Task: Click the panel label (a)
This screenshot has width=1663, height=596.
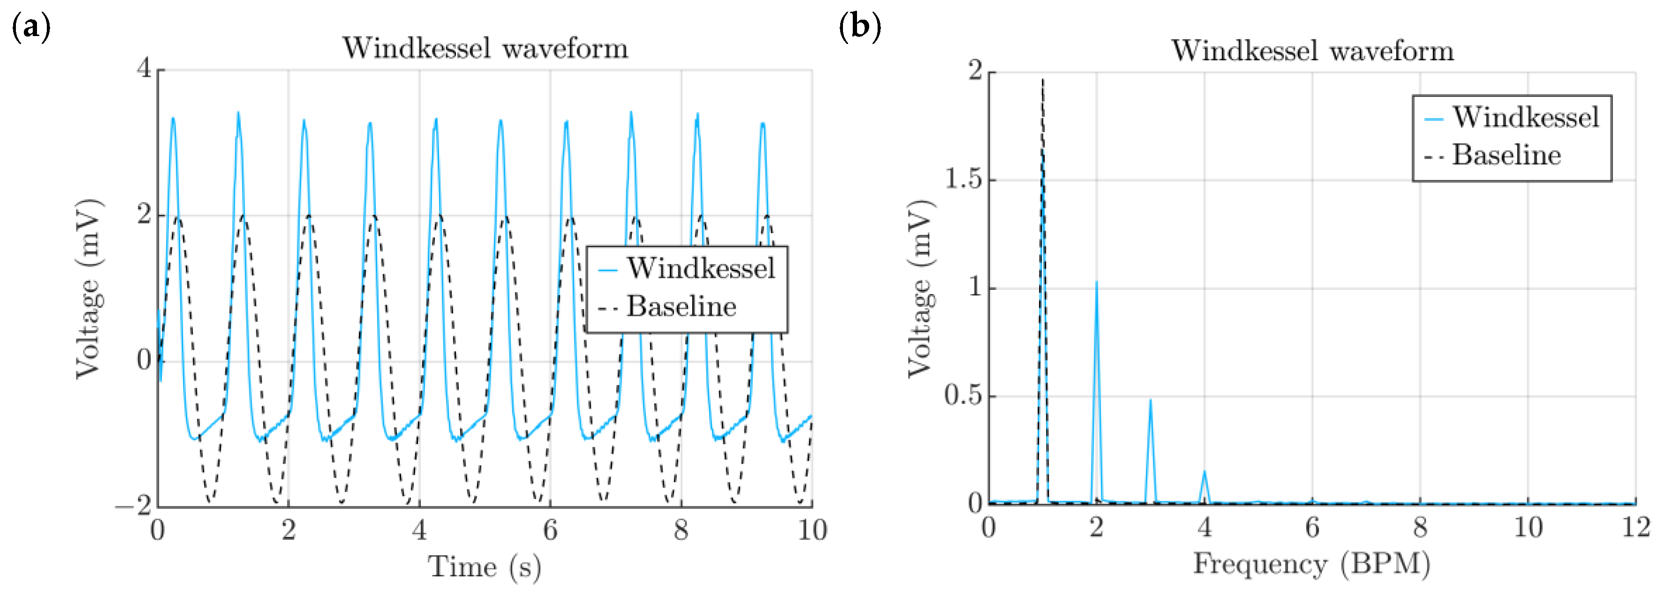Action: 31,28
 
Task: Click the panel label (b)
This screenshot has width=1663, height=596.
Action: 860,28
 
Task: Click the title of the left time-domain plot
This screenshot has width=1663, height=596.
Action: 485,48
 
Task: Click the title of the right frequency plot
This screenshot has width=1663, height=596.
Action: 1312,51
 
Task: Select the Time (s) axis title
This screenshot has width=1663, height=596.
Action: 484,567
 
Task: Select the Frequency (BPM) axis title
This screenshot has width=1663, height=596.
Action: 1311,564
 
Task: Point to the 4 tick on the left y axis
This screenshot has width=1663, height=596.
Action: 144,68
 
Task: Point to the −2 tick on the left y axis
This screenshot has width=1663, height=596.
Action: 134,505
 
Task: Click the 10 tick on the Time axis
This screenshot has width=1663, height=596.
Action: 812,530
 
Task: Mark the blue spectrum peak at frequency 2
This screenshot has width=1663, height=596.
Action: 1096,282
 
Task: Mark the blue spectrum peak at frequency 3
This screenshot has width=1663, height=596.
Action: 1150,400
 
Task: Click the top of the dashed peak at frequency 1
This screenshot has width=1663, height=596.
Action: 1043,80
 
